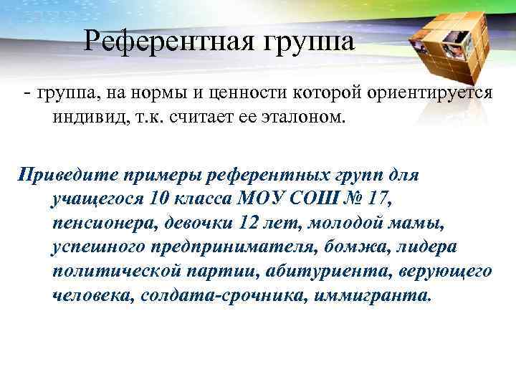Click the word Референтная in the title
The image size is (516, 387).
click(x=168, y=41)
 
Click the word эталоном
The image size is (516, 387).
click(x=303, y=117)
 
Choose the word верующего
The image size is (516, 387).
click(x=449, y=271)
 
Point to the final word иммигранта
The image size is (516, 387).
click(x=372, y=295)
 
